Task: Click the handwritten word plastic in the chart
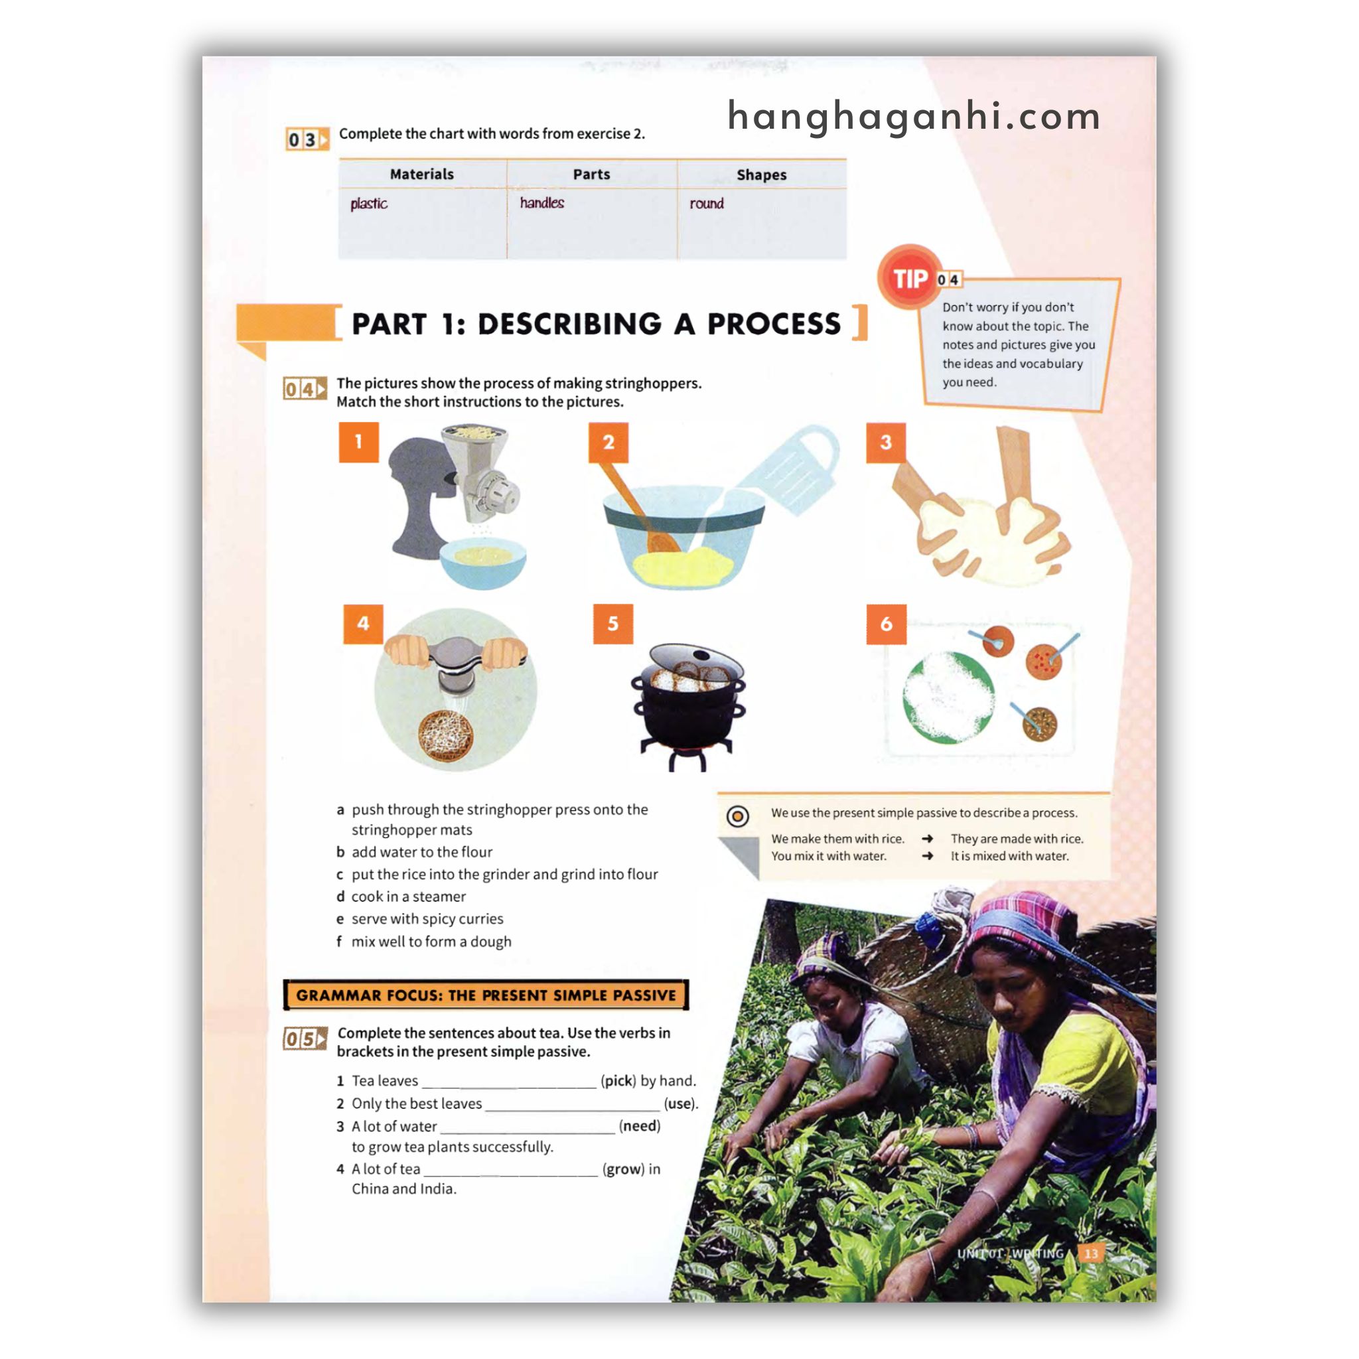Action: (x=368, y=204)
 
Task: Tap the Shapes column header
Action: (x=761, y=175)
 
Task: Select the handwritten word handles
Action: (x=541, y=202)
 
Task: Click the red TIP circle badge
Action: (x=910, y=278)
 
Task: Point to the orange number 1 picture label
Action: (x=359, y=442)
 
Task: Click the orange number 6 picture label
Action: (x=886, y=623)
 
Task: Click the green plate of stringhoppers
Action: (x=948, y=697)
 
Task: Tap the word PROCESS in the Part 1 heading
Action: (x=773, y=324)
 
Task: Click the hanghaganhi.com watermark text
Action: (x=914, y=116)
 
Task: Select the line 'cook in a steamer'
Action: (x=409, y=896)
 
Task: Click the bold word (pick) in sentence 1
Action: (x=618, y=1080)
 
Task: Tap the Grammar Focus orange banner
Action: (x=485, y=995)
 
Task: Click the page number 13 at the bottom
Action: (x=1091, y=1253)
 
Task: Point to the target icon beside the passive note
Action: (x=737, y=816)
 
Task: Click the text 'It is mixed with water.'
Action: (x=1009, y=856)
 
